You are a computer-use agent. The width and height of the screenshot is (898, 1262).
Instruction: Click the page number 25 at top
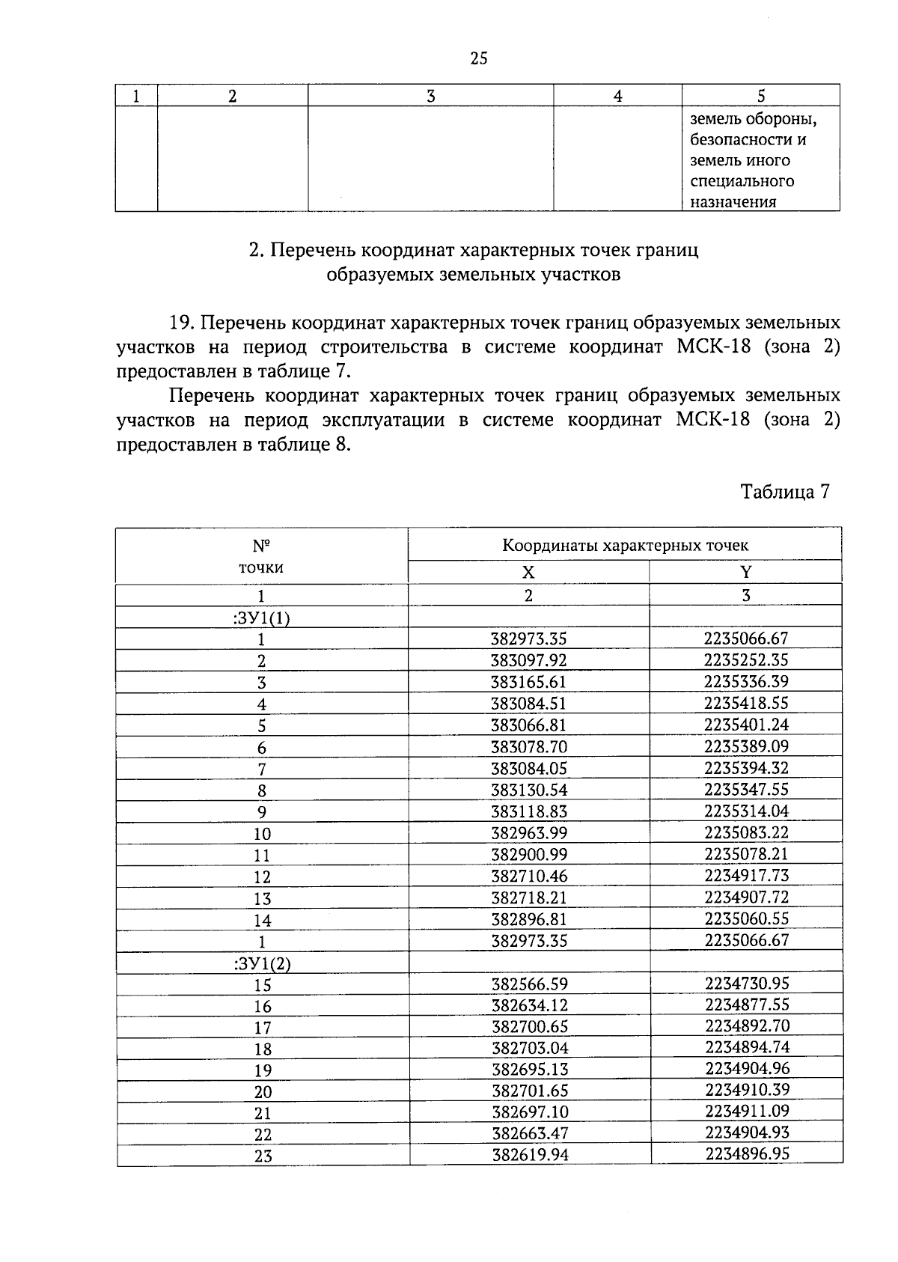[479, 58]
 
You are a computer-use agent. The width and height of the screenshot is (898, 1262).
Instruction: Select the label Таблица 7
[784, 492]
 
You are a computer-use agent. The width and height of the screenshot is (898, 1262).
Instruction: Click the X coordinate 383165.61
[528, 682]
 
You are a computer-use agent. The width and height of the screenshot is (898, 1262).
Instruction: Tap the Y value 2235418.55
[746, 703]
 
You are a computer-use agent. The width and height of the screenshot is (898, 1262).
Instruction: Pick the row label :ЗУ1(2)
[262, 963]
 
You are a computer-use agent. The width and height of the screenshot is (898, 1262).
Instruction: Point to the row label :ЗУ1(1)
[262, 618]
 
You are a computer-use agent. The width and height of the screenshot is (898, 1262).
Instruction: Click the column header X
[528, 573]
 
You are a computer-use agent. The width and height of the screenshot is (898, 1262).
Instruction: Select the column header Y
[745, 573]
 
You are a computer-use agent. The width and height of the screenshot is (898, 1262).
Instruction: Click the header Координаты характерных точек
[625, 546]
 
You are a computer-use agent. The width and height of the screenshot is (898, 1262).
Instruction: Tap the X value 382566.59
[529, 984]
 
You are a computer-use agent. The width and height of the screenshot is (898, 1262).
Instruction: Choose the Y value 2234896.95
[747, 1153]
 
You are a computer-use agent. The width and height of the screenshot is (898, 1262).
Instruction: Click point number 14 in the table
[262, 921]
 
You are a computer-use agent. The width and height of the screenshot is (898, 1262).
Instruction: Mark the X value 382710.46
[529, 876]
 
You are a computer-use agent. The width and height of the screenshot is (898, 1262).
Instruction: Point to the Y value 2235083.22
[746, 832]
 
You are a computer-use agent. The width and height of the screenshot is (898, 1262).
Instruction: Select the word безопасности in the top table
[748, 140]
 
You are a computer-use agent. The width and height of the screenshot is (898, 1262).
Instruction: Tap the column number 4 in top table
[617, 96]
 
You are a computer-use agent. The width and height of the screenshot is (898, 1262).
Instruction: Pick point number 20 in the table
[263, 1092]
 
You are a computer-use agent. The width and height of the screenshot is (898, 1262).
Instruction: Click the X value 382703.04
[529, 1048]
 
